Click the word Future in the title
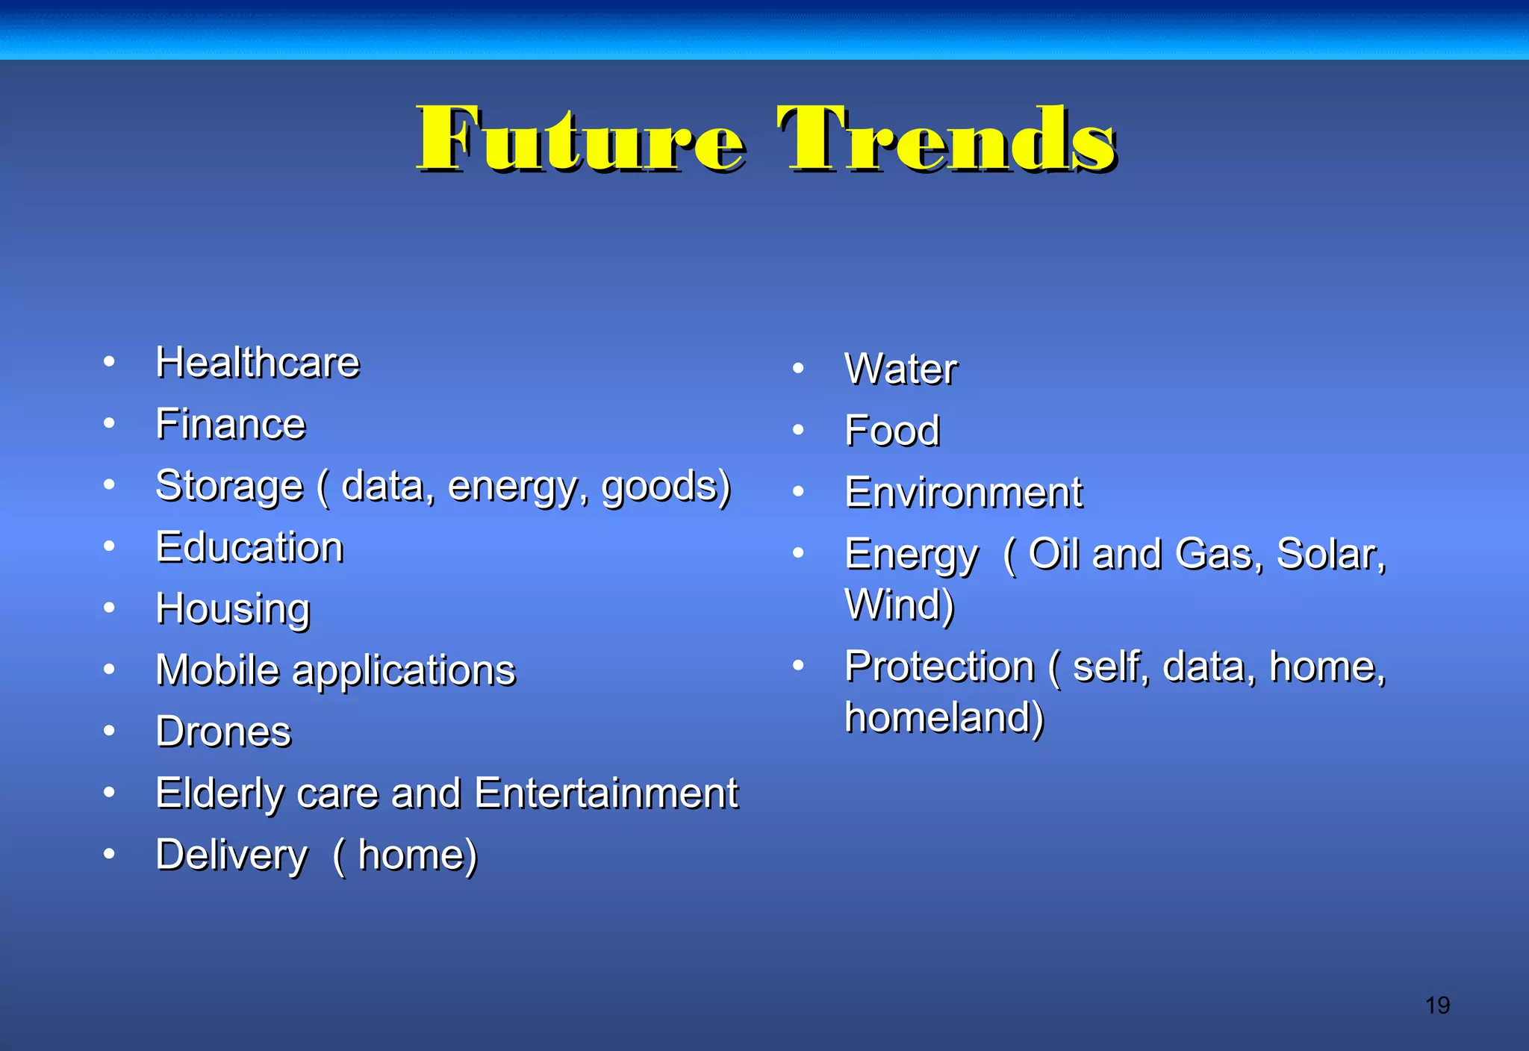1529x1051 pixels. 580,140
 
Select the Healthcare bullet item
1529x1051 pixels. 258,363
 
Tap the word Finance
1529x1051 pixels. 231,424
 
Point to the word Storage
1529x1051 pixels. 229,487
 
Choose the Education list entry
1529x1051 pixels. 249,547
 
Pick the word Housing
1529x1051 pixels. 233,609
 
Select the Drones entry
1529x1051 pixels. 223,732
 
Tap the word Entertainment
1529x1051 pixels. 605,793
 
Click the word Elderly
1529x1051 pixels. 219,793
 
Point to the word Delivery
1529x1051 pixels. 231,855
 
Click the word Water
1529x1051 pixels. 900,369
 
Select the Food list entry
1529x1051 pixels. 892,431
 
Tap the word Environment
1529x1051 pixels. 963,493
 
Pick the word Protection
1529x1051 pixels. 939,666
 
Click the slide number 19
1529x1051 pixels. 1437,1005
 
